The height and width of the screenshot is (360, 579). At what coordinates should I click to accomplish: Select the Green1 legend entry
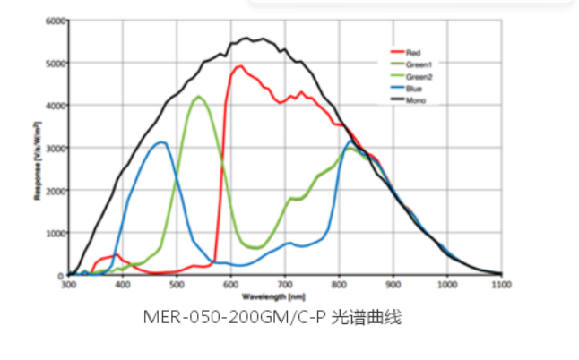click(416, 64)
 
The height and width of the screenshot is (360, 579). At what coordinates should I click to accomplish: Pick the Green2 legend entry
click(416, 76)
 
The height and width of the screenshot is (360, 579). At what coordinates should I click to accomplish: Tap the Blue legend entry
click(412, 88)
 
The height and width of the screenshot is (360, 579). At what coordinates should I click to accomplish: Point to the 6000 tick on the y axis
click(55, 21)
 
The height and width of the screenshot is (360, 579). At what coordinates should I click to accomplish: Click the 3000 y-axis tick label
click(55, 148)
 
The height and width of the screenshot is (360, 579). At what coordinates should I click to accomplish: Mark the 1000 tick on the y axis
click(55, 233)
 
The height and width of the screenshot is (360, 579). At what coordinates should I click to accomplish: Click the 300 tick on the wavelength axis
click(68, 284)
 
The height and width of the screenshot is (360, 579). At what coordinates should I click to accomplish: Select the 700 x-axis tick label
click(285, 284)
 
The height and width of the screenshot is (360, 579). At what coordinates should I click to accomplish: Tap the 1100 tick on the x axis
click(500, 284)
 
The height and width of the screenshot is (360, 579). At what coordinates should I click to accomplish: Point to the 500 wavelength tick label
click(177, 284)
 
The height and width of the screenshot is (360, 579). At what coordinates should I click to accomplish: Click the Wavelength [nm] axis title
click(284, 294)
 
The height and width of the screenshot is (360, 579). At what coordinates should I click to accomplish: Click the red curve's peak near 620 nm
click(239, 66)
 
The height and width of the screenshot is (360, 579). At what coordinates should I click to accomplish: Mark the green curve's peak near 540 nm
click(198, 97)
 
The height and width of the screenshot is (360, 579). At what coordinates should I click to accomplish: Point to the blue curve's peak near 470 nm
click(161, 142)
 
